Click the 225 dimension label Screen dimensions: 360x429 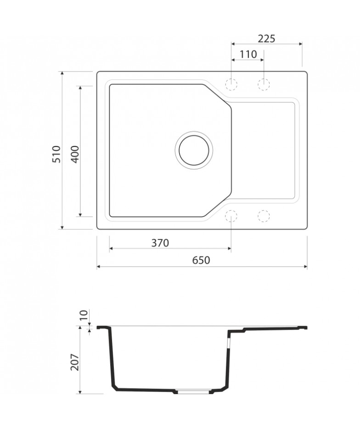coord(266,39)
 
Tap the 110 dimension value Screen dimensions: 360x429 coord(248,54)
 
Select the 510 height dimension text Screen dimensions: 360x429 coord(56,154)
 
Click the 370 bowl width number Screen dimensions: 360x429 coord(160,243)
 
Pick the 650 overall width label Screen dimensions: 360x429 coord(201,260)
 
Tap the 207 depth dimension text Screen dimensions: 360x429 coord(74,362)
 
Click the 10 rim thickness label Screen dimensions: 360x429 coord(84,315)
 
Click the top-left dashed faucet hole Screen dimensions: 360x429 coord(231,84)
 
